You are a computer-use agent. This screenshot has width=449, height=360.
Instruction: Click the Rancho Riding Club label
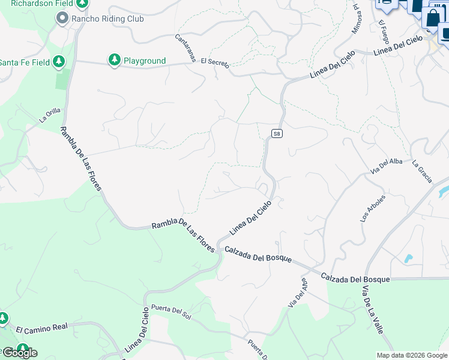pyautogui.click(x=108, y=19)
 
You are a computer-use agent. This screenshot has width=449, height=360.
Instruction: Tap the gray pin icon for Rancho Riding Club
pyautogui.click(x=62, y=19)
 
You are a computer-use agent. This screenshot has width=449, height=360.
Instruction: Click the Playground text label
pyautogui.click(x=144, y=61)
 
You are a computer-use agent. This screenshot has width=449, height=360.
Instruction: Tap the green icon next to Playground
pyautogui.click(x=114, y=60)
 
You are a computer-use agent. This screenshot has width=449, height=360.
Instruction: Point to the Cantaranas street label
pyautogui.click(x=185, y=47)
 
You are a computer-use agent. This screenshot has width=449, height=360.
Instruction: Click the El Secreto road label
pyautogui.click(x=215, y=62)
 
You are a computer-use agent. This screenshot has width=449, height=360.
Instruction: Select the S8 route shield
pyautogui.click(x=276, y=133)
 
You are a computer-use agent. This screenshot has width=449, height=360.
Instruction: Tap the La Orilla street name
pyautogui.click(x=50, y=115)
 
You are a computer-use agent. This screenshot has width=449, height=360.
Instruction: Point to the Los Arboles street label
pyautogui.click(x=373, y=208)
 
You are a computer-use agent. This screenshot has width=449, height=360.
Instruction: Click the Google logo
pyautogui.click(x=20, y=352)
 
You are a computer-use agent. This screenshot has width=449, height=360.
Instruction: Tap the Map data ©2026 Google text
pyautogui.click(x=411, y=355)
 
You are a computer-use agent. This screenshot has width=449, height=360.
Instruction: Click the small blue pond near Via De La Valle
pyautogui.click(x=408, y=259)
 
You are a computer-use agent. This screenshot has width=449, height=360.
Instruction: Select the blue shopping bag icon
pyautogui.click(x=432, y=17)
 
